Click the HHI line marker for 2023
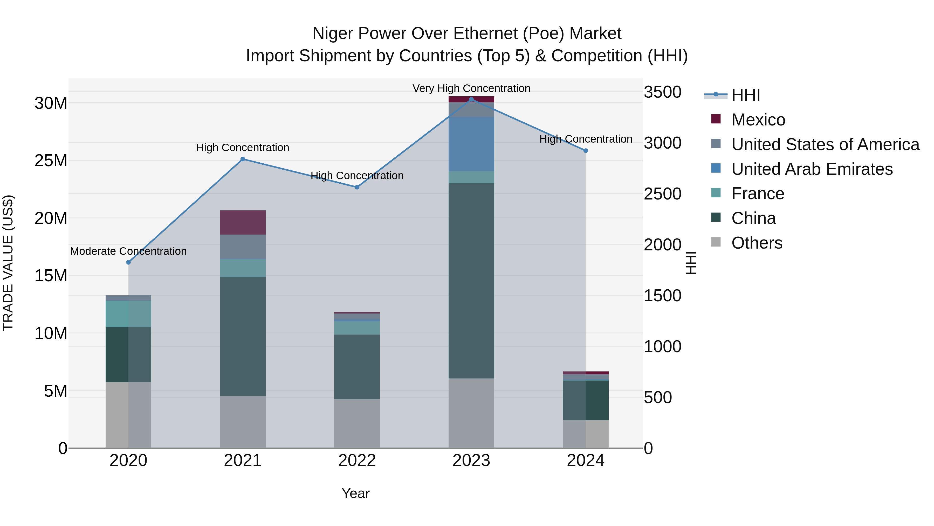[471, 99]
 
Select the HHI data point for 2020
[128, 262]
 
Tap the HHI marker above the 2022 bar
[357, 187]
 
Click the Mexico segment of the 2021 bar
[243, 223]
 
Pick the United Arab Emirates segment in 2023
[471, 144]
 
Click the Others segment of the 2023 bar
[471, 413]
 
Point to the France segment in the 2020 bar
[128, 314]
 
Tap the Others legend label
[757, 243]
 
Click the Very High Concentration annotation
[471, 89]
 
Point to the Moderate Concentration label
[128, 251]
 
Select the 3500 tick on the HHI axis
[662, 92]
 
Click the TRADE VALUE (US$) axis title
[8, 263]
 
